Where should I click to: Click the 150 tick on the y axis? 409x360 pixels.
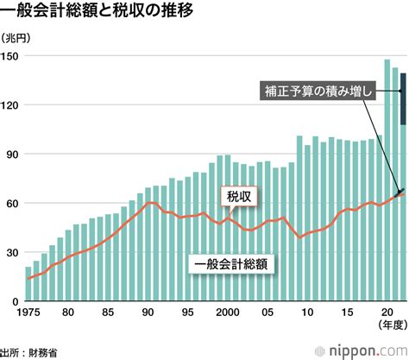coord(11,55)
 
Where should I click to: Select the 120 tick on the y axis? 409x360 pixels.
coord(11,104)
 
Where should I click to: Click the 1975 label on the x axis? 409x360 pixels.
coord(30,313)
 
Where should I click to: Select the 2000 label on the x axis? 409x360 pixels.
coord(227,313)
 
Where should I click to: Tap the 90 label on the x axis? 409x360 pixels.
coord(148,313)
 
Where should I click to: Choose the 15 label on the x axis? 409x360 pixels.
coord(345,313)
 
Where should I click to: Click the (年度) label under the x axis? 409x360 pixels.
coord(388,327)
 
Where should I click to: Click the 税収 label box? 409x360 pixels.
coord(238,197)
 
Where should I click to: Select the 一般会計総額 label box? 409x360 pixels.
coord(230,264)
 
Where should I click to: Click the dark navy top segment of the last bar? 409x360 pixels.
coord(403,99)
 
